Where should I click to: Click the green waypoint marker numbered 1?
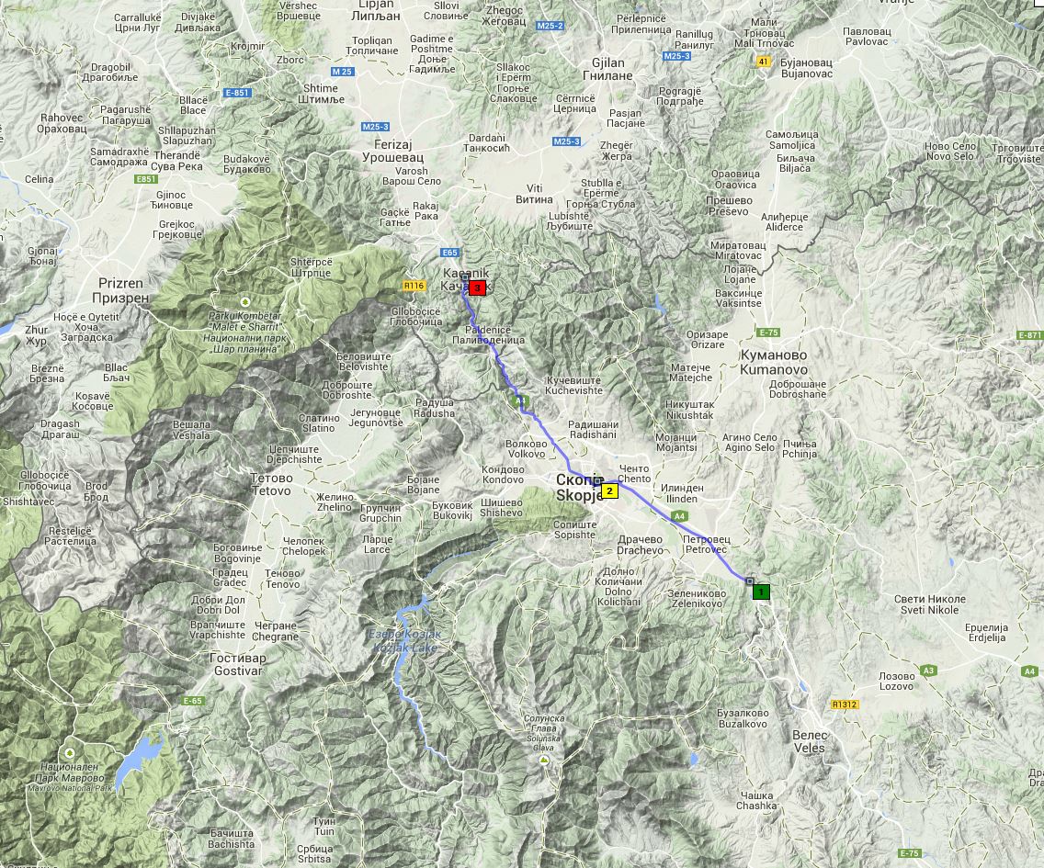(761, 592)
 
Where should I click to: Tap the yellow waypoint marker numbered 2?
(609, 490)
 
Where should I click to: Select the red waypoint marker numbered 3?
(477, 287)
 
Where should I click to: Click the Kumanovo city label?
(773, 362)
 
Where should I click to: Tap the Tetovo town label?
(271, 484)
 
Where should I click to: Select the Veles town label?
(810, 741)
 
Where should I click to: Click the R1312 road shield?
(844, 705)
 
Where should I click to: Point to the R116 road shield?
(414, 286)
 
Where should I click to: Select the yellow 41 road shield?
(763, 62)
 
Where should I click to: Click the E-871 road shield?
(1030, 335)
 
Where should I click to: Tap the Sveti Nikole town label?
(926, 604)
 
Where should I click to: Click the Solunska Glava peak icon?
(545, 761)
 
